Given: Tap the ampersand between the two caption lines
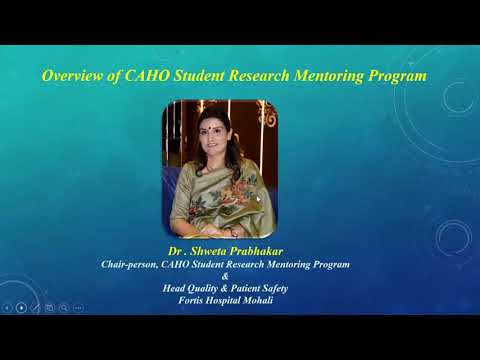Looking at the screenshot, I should [225, 276].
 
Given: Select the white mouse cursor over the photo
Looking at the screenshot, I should [257, 198].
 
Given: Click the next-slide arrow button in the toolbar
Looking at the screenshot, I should [22, 307].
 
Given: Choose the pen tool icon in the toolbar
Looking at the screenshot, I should [36, 307].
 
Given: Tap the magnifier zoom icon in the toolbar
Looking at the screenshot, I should [64, 307].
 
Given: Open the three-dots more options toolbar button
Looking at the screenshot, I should [78, 307].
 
